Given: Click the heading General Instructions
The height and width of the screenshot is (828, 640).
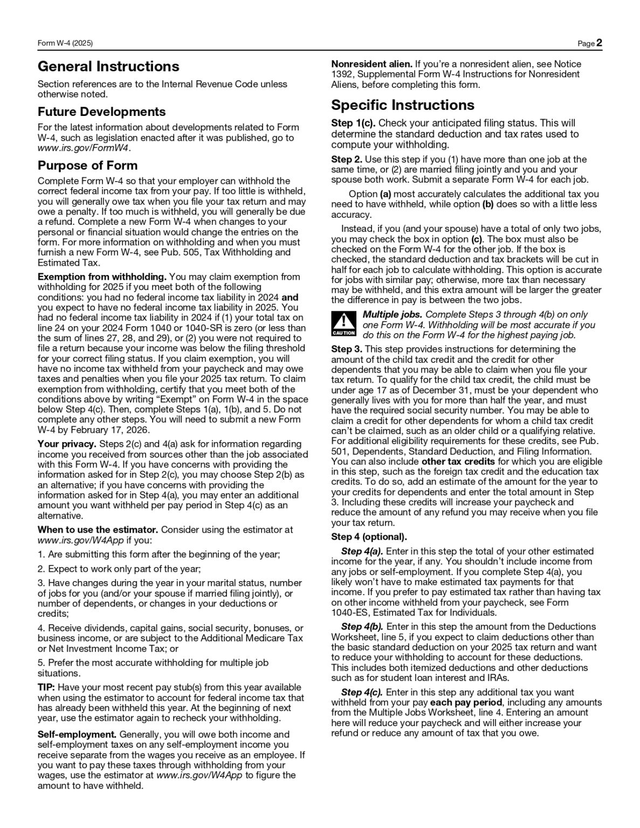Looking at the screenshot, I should tap(108, 67).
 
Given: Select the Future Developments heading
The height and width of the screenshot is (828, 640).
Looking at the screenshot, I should tap(101, 112).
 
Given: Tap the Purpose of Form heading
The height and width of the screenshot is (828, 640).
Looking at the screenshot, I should tap(87, 165).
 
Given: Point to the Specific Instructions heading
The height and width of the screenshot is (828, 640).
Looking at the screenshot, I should tap(403, 105).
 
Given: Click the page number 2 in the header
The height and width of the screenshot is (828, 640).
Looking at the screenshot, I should tap(599, 43).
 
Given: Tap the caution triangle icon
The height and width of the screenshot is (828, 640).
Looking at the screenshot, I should tap(343, 323).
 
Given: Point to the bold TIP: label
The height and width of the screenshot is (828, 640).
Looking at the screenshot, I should tap(46, 687).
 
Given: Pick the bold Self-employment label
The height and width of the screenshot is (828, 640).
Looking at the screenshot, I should tap(77, 735).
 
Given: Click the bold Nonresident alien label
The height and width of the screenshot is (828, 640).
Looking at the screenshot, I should tap(371, 64).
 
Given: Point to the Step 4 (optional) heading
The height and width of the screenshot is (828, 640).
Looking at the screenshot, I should tap(369, 537).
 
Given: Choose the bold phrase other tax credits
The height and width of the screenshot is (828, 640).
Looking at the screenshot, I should tap(458, 461).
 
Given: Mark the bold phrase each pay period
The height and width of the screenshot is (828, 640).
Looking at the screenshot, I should tap(466, 702).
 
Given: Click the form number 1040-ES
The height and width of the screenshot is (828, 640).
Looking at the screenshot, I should tap(350, 613).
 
